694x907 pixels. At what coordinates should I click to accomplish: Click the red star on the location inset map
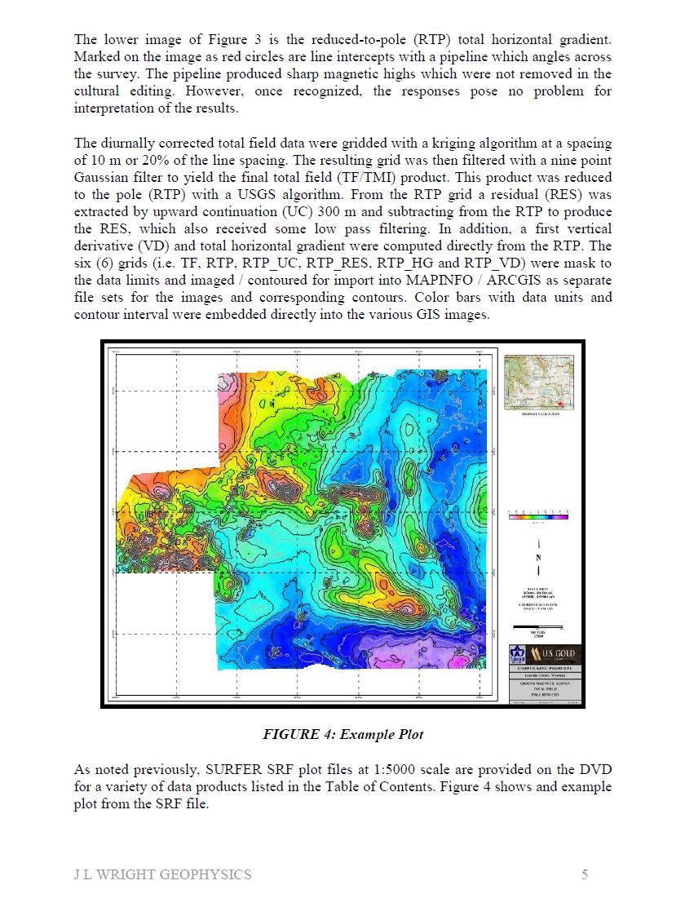coord(559,403)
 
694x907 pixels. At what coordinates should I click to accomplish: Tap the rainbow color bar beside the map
coord(537,517)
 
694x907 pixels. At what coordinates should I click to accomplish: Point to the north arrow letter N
coord(537,558)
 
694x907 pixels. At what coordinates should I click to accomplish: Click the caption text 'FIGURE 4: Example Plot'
coord(343,734)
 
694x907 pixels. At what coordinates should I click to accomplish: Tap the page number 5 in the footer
coord(585,875)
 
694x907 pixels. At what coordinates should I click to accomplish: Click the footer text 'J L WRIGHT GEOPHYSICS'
coord(162,875)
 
